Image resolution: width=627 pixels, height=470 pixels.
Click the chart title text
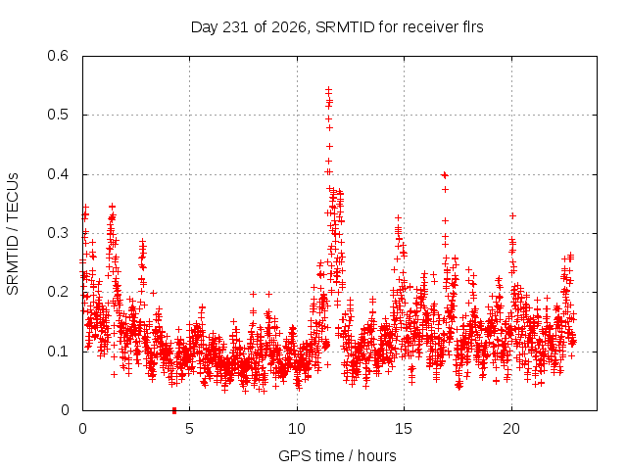tap(337, 27)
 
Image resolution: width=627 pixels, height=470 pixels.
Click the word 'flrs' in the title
tap(472, 27)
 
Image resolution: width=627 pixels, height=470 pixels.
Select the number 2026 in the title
tap(289, 27)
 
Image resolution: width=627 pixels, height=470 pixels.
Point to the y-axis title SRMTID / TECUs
tap(13, 234)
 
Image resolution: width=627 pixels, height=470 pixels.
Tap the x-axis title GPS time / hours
tap(337, 455)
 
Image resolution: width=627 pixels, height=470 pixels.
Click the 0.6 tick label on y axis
tap(58, 56)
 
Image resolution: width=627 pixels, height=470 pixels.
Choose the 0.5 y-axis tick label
tap(58, 115)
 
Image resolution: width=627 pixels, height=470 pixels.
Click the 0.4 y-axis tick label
tap(58, 174)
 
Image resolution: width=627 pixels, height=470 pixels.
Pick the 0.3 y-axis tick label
tap(58, 233)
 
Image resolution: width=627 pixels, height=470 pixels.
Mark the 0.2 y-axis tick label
tap(58, 292)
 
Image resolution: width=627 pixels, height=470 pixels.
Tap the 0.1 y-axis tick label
tap(58, 352)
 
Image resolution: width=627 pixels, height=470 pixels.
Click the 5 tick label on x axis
tap(189, 429)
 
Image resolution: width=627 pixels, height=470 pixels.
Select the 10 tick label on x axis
tap(297, 429)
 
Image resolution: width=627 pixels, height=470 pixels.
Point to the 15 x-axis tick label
tap(404, 429)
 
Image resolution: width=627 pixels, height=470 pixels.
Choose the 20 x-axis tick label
tap(511, 429)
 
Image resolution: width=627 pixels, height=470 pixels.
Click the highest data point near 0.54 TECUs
tap(329, 90)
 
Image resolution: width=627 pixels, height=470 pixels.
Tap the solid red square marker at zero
tap(174, 410)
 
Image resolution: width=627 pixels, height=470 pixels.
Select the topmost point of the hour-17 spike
tap(444, 174)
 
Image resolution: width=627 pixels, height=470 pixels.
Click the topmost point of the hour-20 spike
tap(512, 215)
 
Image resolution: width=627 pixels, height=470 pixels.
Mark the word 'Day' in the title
tap(205, 27)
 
